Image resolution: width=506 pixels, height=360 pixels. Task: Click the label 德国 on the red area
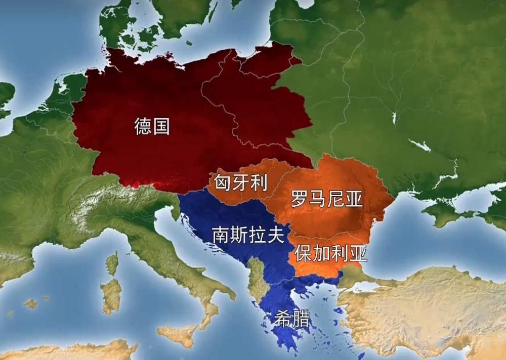click(152, 126)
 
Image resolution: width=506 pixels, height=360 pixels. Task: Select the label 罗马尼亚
click(327, 199)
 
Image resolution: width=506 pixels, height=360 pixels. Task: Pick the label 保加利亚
click(331, 253)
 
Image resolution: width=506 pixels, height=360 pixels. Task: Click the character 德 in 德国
click(143, 126)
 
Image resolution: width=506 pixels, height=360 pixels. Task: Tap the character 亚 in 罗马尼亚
click(354, 199)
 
